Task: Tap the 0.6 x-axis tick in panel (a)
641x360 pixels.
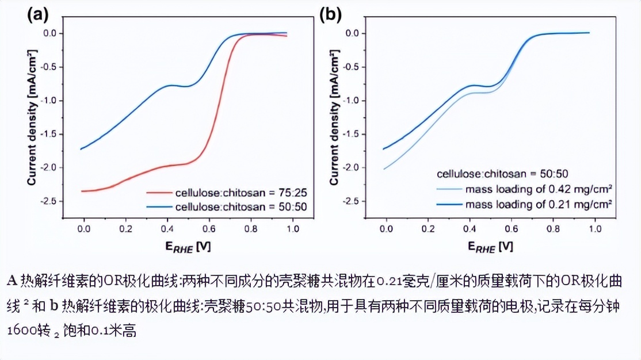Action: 209,228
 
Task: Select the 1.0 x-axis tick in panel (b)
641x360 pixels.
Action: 593,228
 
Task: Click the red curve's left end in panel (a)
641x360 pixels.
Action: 82,191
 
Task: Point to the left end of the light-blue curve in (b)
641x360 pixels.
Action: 384,169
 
